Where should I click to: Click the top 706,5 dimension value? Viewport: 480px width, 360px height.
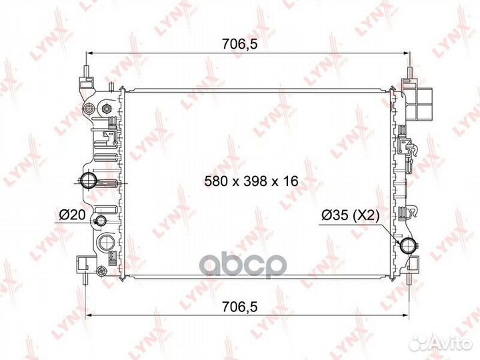[x=240, y=45]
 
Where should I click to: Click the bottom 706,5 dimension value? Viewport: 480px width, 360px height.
[x=240, y=307]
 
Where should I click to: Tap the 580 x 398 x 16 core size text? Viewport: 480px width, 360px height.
[x=251, y=181]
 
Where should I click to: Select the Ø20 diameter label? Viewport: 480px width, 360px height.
[x=72, y=215]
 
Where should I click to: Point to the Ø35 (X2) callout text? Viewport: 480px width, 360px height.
[x=351, y=215]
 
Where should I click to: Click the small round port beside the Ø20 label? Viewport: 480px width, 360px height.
[x=100, y=220]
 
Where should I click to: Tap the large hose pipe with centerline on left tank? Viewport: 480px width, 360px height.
[x=89, y=181]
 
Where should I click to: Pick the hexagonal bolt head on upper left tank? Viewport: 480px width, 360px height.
[x=106, y=108]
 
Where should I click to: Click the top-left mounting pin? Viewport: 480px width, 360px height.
[x=87, y=71]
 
